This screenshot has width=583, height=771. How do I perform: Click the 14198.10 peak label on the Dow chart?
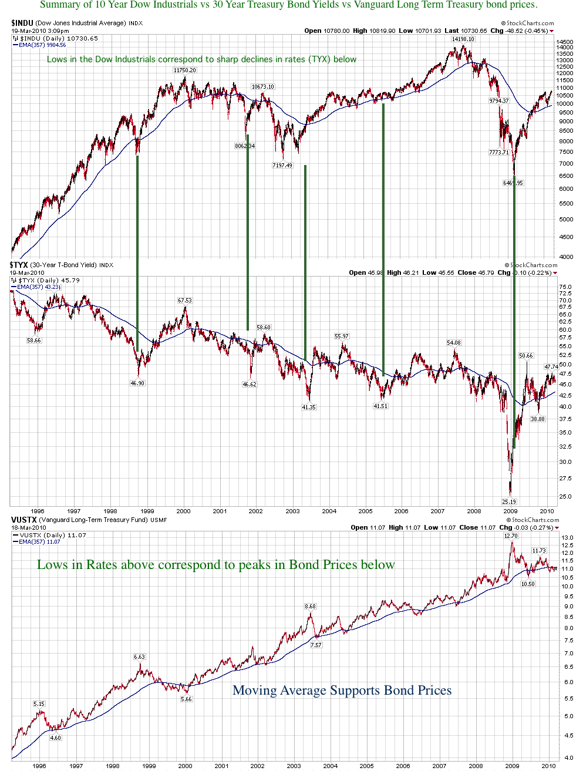(463, 39)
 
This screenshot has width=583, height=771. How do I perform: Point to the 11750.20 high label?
(184, 70)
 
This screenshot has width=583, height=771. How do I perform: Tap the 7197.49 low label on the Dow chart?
(282, 166)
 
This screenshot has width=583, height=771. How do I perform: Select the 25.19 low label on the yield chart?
(508, 502)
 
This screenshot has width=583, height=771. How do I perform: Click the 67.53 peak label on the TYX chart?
(184, 301)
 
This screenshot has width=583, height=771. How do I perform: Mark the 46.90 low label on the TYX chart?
(137, 383)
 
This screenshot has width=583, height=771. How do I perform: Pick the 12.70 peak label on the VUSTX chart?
(511, 536)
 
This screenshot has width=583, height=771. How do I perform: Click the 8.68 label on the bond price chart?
(310, 607)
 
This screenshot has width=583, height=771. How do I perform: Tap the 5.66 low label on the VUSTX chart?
(186, 699)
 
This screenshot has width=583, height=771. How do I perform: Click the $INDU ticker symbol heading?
(22, 23)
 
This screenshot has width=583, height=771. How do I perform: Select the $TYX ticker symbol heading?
(19, 265)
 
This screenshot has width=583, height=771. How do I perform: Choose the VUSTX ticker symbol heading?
(24, 520)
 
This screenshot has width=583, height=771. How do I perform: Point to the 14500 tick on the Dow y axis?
(565, 43)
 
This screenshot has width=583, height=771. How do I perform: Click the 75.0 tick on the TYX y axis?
(565, 287)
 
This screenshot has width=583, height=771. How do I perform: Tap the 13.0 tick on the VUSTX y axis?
(567, 538)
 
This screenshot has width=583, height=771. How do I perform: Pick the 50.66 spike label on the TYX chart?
(525, 356)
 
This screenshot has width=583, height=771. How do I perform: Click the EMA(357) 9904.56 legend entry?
(42, 45)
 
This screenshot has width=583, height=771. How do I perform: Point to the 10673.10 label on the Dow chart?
(262, 87)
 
